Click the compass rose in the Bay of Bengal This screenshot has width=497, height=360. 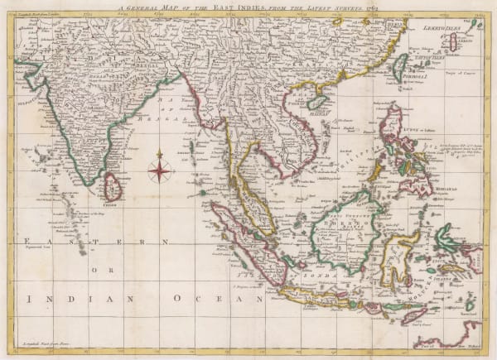click(x=160, y=170)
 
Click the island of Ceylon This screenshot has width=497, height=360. click(x=112, y=186)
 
